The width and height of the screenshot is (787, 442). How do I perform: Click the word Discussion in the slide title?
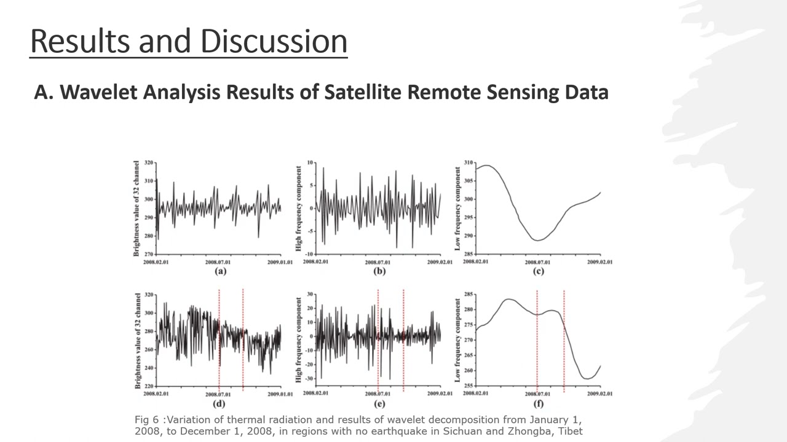(273, 41)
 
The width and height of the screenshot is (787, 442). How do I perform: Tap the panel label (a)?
(218, 271)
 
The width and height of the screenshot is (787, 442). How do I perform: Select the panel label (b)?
(379, 271)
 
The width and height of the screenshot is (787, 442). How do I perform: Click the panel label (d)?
(218, 403)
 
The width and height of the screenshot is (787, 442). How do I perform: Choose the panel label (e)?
(379, 403)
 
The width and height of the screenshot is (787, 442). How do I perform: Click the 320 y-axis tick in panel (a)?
(149, 163)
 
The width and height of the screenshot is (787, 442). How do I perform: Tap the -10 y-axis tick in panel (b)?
(309, 254)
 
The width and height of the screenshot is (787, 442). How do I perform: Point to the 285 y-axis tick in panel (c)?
(468, 254)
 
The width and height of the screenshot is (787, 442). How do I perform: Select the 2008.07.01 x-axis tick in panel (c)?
(538, 262)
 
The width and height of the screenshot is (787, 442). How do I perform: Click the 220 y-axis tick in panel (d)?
(149, 386)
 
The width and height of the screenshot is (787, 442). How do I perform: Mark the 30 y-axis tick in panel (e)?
(310, 295)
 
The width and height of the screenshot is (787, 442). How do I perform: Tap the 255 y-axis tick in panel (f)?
(468, 386)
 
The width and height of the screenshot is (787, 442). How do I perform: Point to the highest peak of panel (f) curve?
(508, 299)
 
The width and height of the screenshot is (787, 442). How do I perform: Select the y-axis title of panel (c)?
(458, 208)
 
